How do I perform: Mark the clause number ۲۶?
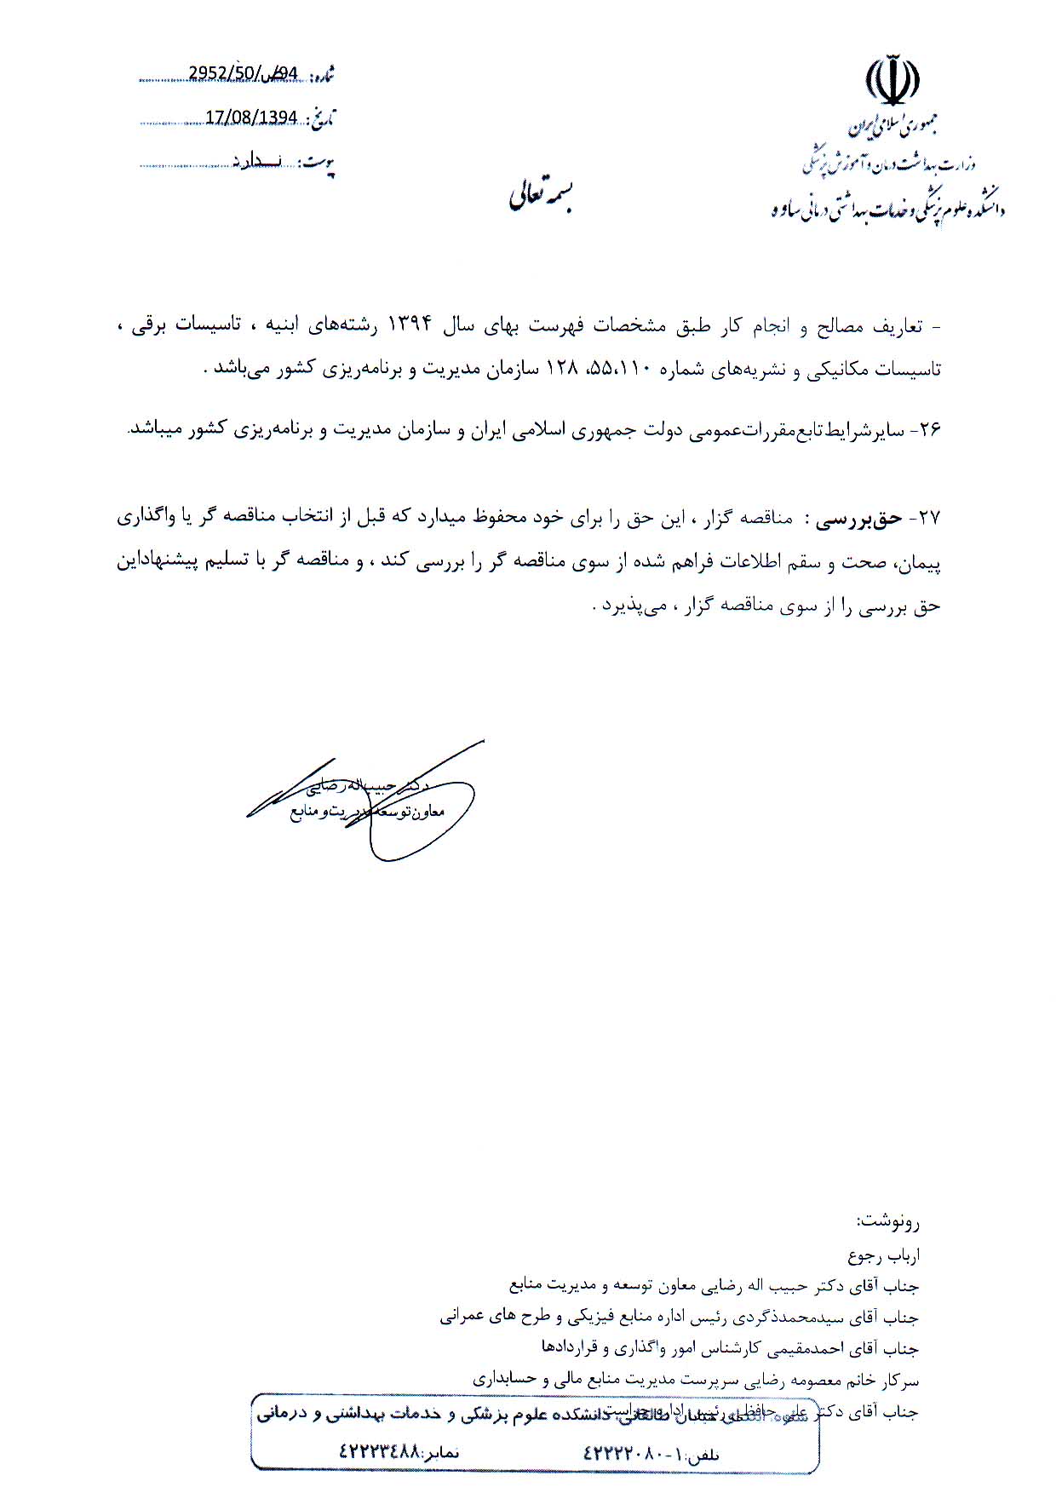[x=925, y=431]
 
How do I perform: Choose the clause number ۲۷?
[x=925, y=519]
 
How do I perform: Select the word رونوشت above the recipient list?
[x=887, y=1222]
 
